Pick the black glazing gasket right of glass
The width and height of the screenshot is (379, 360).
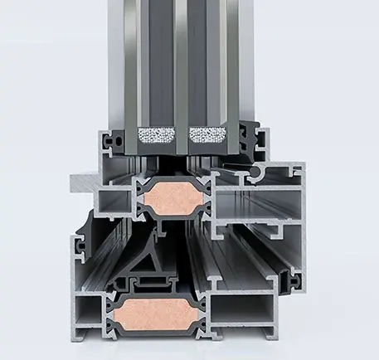tap(249, 138)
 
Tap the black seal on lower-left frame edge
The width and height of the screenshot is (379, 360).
tap(79, 246)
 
